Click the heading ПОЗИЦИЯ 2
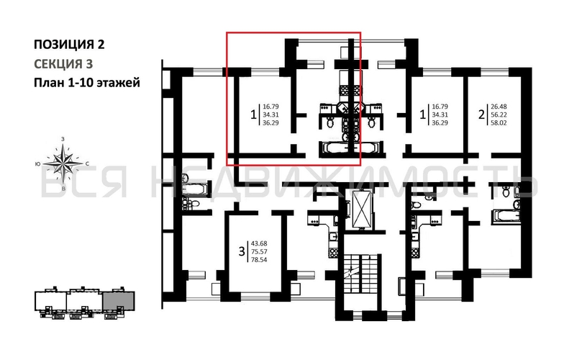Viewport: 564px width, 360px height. pyautogui.click(x=69, y=45)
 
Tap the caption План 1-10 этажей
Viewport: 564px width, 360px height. pyautogui.click(x=86, y=82)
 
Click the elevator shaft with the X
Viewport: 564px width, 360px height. pyautogui.click(x=360, y=210)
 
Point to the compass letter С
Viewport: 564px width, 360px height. pyautogui.click(x=87, y=163)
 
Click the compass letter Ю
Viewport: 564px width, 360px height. pyautogui.click(x=38, y=163)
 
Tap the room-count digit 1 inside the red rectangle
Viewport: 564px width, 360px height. pyautogui.click(x=253, y=114)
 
